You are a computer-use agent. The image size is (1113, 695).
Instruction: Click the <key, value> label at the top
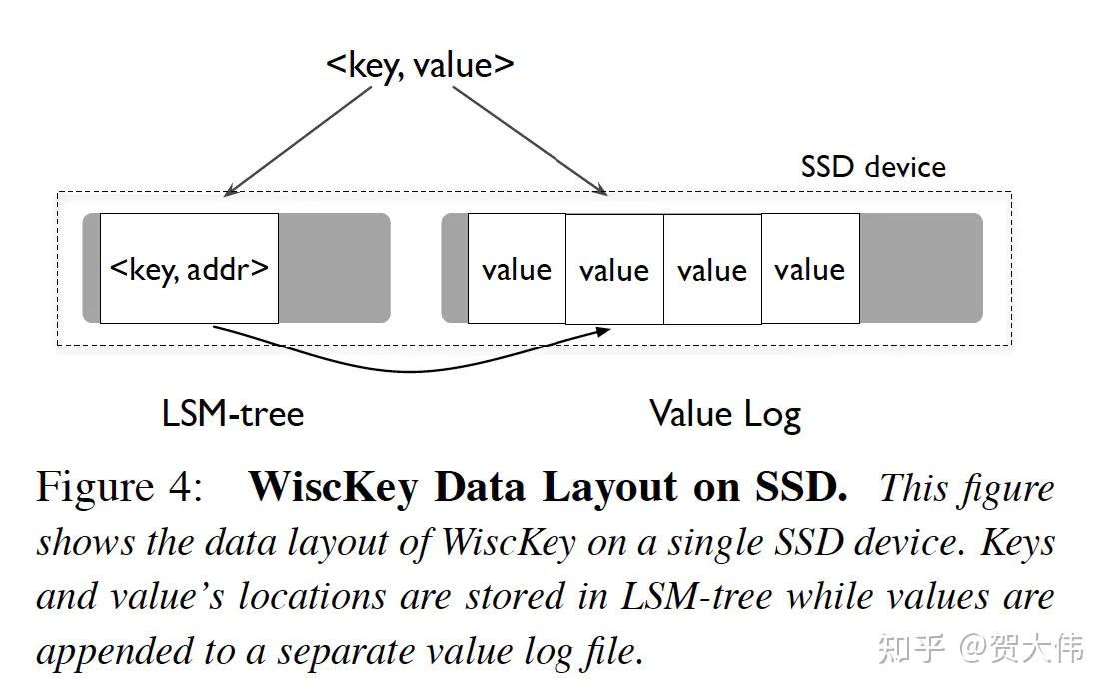coord(420,64)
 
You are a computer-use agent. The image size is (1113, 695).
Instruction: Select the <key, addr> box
coord(189,268)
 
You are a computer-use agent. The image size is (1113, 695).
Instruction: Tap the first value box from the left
coord(517,269)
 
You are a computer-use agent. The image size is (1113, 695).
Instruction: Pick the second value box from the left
coord(614,269)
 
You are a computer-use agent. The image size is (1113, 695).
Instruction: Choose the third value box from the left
coord(712,269)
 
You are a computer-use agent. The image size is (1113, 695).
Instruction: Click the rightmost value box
coord(810,269)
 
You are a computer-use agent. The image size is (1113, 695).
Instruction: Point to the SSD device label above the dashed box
coord(872,166)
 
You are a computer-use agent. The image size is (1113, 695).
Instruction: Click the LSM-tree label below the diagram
coord(232,413)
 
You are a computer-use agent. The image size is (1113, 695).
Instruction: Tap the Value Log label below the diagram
coord(724,413)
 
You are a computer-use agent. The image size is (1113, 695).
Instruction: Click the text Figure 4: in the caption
coord(120,487)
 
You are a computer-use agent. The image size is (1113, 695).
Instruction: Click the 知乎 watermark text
coord(911,650)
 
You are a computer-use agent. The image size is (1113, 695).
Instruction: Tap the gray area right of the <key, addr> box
coord(333,268)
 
